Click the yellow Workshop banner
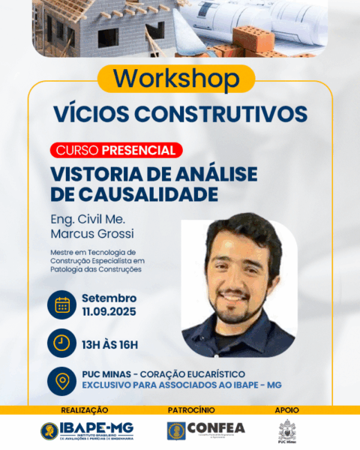pyautogui.click(x=178, y=79)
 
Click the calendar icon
pyautogui.click(x=62, y=304)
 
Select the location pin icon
pyautogui.click(x=62, y=380)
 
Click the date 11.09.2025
pyautogui.click(x=109, y=310)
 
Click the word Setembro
pyautogui.click(x=109, y=298)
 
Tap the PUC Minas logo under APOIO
pyautogui.click(x=287, y=432)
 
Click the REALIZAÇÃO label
pyautogui.click(x=84, y=410)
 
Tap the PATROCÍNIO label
pyautogui.click(x=191, y=410)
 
